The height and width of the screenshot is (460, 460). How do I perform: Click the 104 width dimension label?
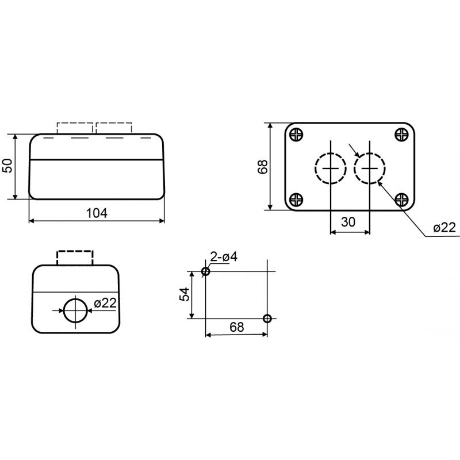coord(97,213)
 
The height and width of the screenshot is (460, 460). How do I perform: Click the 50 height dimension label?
coord(7,166)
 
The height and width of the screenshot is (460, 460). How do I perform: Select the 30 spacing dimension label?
coord(348,222)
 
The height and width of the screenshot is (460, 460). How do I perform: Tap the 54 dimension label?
coord(185,294)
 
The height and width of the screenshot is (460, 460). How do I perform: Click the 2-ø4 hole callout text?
coord(224,257)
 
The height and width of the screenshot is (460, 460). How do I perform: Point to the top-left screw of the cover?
coord(296,135)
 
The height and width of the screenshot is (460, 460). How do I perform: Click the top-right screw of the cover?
coord(401,135)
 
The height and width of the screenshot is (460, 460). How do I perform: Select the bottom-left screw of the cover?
coord(296,200)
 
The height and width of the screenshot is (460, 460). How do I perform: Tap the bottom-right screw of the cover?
coord(401,200)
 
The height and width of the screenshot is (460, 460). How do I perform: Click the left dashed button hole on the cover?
coord(315,168)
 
